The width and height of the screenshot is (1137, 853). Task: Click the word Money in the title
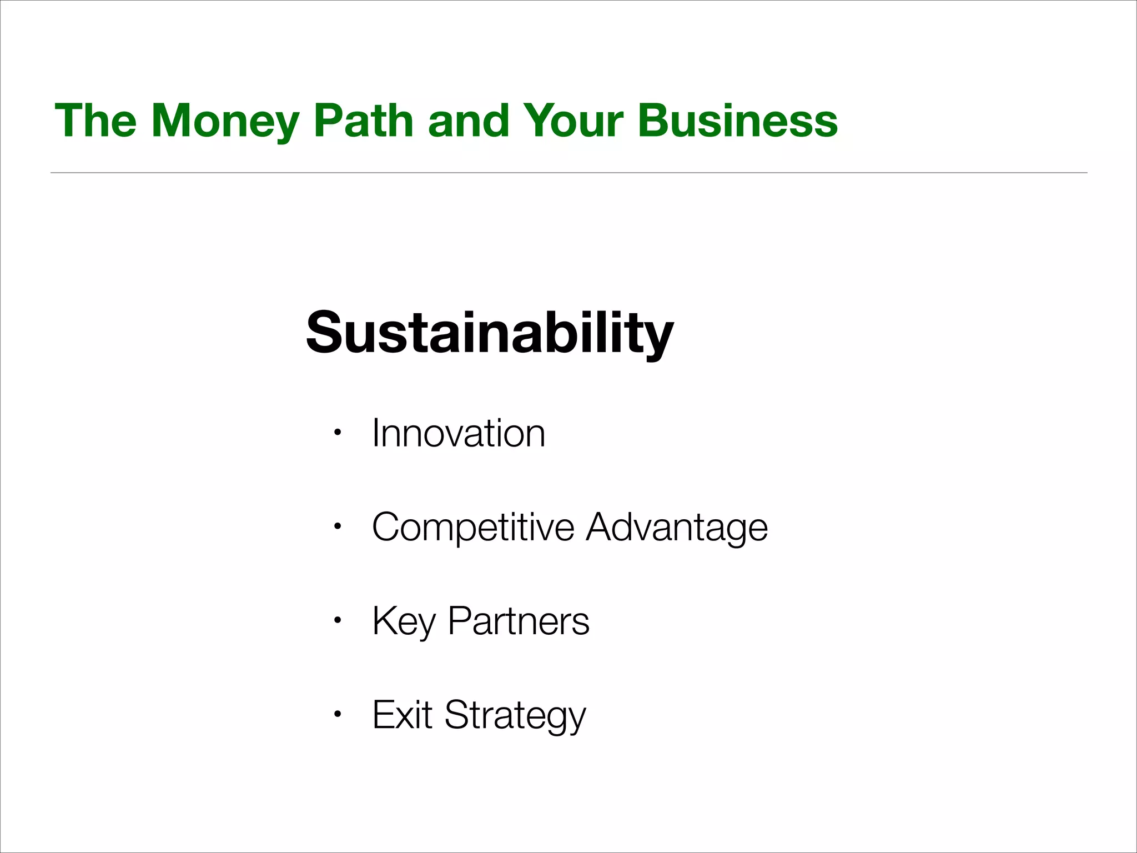pyautogui.click(x=225, y=121)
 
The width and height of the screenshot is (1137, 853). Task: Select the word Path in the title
pyautogui.click(x=364, y=121)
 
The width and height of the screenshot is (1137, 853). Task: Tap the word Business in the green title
pyautogui.click(x=737, y=121)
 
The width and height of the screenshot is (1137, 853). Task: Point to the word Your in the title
pyautogui.click(x=573, y=121)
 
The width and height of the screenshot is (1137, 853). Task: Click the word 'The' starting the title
pyautogui.click(x=95, y=121)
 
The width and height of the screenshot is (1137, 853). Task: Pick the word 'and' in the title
pyautogui.click(x=468, y=121)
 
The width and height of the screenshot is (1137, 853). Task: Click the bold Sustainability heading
pyautogui.click(x=490, y=333)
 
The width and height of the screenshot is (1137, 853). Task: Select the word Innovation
pyautogui.click(x=459, y=433)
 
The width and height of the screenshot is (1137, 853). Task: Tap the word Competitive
pyautogui.click(x=473, y=527)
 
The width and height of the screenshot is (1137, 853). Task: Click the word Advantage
pyautogui.click(x=677, y=527)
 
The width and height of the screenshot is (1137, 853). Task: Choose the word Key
pyautogui.click(x=404, y=621)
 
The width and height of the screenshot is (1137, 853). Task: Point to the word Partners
pyautogui.click(x=519, y=621)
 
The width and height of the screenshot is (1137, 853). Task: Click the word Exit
pyautogui.click(x=402, y=715)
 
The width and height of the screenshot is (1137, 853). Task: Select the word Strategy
pyautogui.click(x=515, y=715)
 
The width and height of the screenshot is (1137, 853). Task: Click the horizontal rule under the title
pyautogui.click(x=568, y=173)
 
